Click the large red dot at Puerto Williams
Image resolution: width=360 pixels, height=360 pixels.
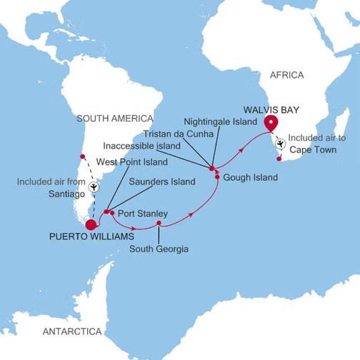click(x=91, y=226)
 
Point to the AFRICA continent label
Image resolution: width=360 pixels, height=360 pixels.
click(x=286, y=75)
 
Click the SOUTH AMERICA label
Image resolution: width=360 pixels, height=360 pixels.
click(x=115, y=118)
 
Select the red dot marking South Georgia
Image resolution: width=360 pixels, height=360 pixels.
click(x=159, y=224)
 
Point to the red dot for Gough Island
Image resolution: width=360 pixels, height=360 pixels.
click(x=217, y=176)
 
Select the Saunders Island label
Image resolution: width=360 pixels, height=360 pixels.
click(x=162, y=182)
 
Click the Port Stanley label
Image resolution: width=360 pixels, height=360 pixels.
click(x=143, y=213)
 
